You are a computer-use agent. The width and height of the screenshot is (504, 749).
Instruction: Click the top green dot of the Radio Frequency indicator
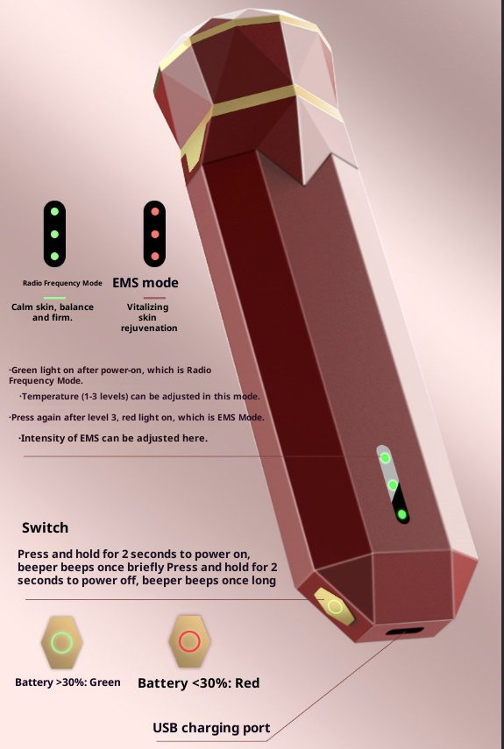[54, 211]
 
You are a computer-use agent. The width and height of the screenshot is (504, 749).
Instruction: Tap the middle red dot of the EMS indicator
[155, 234]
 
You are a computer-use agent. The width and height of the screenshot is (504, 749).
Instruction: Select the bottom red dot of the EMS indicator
[155, 256]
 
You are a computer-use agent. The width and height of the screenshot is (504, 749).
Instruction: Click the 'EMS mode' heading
[146, 283]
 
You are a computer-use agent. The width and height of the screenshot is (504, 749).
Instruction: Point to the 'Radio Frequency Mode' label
[62, 283]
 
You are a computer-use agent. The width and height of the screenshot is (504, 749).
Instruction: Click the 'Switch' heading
[45, 528]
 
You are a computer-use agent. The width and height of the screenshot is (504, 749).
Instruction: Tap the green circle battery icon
[61, 642]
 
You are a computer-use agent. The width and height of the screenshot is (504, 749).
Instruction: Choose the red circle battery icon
[189, 641]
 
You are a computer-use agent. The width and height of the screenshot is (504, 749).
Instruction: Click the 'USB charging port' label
[211, 728]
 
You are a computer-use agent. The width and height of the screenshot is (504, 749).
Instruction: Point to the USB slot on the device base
[405, 631]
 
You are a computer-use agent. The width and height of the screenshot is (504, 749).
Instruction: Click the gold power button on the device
[335, 607]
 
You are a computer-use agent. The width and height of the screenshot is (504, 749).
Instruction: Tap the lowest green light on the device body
[401, 514]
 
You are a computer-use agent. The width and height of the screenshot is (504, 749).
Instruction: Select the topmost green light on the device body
[385, 458]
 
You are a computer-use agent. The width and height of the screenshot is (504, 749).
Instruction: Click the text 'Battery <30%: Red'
[198, 683]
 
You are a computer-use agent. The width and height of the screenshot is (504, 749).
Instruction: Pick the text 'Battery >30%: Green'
[67, 682]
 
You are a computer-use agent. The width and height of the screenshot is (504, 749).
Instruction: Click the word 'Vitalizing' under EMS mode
[147, 307]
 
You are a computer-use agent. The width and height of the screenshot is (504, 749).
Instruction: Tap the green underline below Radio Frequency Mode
[54, 298]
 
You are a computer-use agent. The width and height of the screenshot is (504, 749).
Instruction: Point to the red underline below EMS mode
[154, 298]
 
